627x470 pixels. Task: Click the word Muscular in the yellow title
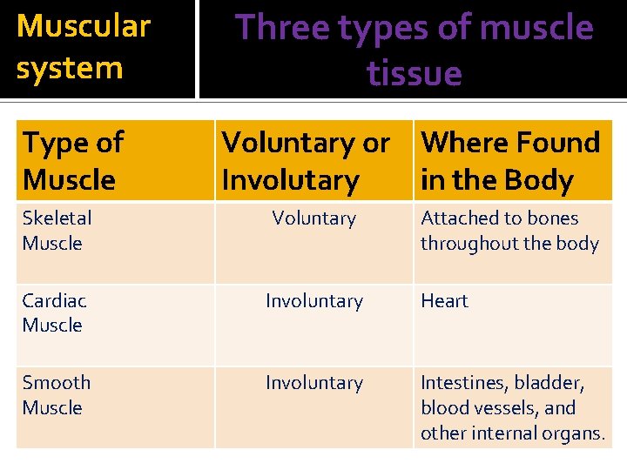[84, 27]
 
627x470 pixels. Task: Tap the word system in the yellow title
[70, 68]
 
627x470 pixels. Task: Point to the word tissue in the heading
[415, 73]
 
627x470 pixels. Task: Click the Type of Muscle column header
[73, 161]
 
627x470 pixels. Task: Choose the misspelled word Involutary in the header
[290, 181]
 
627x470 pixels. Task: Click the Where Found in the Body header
[510, 161]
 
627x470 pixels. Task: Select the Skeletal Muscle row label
[57, 231]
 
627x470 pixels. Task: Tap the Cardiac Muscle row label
[54, 312]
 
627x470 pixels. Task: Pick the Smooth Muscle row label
[57, 394]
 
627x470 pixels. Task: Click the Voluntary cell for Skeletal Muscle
[313, 218]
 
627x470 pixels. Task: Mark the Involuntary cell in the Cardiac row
[313, 301]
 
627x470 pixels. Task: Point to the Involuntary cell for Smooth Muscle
[313, 383]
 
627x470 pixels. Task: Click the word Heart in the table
[444, 301]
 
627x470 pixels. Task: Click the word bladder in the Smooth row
[549, 383]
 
